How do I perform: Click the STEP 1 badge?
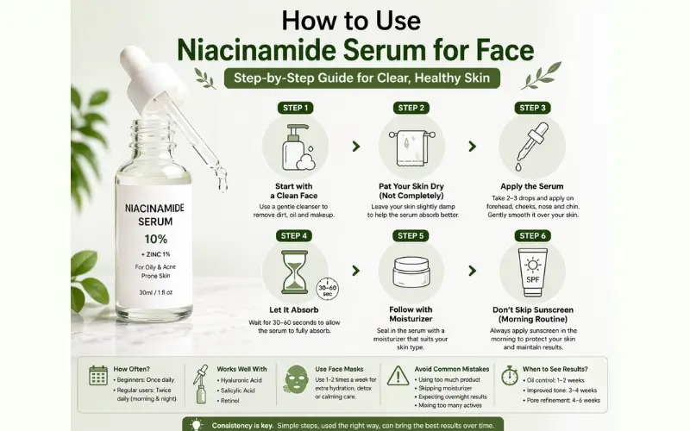(x=295, y=108)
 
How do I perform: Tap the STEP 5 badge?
(x=411, y=235)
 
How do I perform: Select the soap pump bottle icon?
(x=298, y=147)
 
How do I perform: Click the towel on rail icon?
(x=412, y=147)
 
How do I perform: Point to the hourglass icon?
(x=294, y=272)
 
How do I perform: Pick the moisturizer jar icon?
(x=411, y=272)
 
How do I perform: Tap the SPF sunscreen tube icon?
(x=532, y=272)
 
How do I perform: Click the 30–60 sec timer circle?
(x=328, y=289)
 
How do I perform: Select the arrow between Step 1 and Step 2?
(x=356, y=147)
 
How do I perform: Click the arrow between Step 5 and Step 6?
(x=472, y=271)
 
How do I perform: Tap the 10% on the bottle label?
(x=156, y=240)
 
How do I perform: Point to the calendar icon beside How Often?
(x=98, y=376)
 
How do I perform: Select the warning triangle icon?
(x=398, y=376)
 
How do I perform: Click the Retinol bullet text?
(x=229, y=401)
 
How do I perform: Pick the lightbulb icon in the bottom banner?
(x=197, y=425)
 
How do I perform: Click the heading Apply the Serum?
(x=531, y=186)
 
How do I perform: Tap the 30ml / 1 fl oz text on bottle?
(x=156, y=292)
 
